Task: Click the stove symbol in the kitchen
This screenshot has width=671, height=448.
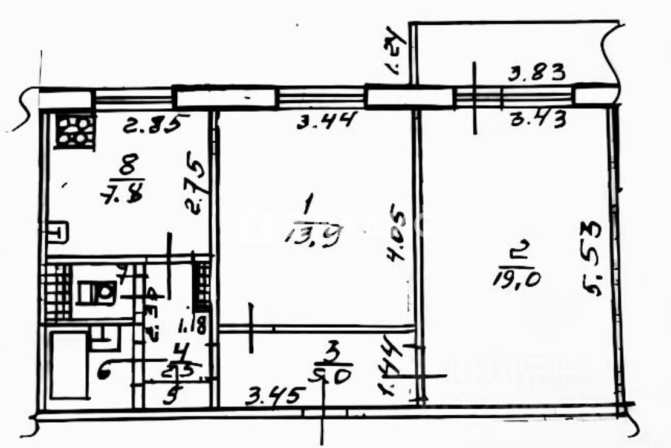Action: [75, 131]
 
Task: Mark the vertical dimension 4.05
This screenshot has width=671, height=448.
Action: [397, 236]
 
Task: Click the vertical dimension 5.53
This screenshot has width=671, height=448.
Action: [594, 258]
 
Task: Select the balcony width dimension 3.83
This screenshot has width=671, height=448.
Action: [537, 73]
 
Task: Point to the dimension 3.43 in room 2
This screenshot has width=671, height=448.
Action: [538, 120]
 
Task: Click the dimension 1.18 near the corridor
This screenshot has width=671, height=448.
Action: [194, 324]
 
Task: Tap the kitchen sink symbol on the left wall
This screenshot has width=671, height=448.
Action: [59, 231]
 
